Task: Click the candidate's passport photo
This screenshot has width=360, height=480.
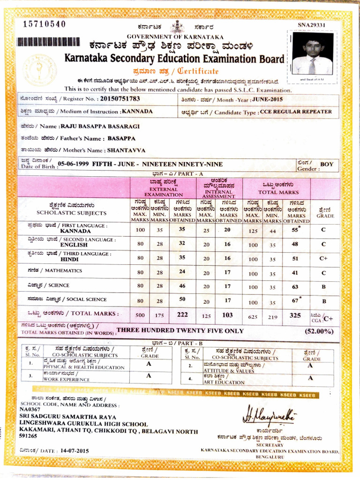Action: pyautogui.click(x=312, y=53)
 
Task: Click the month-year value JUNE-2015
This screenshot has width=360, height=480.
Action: pyautogui.click(x=268, y=99)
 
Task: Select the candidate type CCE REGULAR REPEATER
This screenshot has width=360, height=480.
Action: pyautogui.click(x=296, y=112)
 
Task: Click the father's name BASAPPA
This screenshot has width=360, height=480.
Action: pyautogui.click(x=121, y=139)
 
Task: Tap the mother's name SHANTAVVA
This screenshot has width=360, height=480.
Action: pyautogui.click(x=126, y=150)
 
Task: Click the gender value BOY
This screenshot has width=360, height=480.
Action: pyautogui.click(x=327, y=165)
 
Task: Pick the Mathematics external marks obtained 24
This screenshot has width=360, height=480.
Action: pyautogui.click(x=182, y=271)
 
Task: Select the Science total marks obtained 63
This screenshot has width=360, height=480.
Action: pyautogui.click(x=295, y=286)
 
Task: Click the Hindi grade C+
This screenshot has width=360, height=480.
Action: pyautogui.click(x=323, y=258)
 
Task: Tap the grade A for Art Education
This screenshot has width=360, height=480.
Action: pyautogui.click(x=310, y=378)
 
